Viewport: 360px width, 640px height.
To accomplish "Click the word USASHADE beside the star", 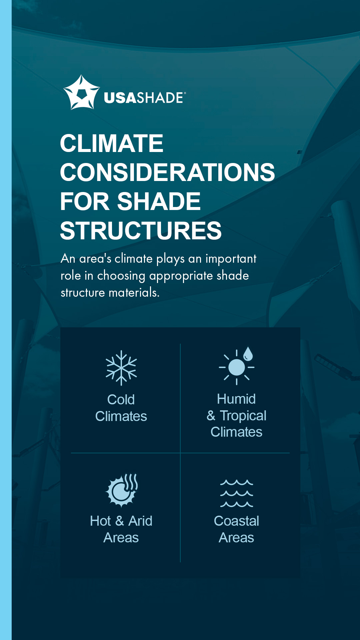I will point(144,98).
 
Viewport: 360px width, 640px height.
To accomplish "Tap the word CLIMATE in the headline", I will point(111,143).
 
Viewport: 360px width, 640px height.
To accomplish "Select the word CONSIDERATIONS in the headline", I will point(167,172).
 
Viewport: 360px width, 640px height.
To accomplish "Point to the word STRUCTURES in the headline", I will point(141,231).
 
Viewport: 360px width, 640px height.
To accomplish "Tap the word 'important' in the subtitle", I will point(231,259).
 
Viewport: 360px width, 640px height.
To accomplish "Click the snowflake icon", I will point(121,368).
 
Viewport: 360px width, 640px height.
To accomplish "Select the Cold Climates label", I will point(121,408).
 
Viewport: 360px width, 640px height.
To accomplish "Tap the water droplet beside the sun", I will point(248,354).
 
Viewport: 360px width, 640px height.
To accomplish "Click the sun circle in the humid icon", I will point(237,367).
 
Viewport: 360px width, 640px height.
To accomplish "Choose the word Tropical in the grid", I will point(243,416).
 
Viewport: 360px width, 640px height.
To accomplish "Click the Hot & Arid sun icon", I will point(121,490).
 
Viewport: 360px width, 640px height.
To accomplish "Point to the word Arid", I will point(140,521).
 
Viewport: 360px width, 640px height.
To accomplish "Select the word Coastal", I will point(236,521).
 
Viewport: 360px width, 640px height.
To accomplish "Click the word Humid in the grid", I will point(236,399).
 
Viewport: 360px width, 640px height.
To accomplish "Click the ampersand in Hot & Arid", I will point(120,521).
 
